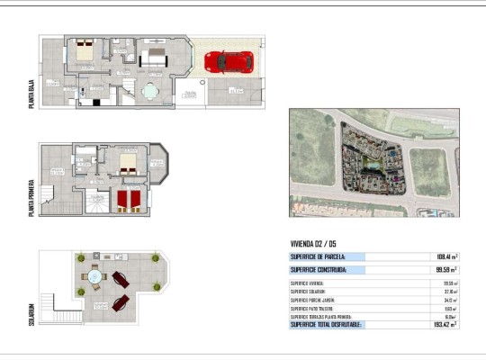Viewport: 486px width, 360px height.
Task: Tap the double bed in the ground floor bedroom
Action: point(85,52)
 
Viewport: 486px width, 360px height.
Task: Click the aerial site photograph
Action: point(373,162)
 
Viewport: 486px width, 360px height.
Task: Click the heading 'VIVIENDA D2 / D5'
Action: point(313,244)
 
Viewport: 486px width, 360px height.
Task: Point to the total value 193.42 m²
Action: point(445,324)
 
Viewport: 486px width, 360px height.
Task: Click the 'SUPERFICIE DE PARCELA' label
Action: point(318,256)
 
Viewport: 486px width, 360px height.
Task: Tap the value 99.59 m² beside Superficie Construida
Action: point(445,269)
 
